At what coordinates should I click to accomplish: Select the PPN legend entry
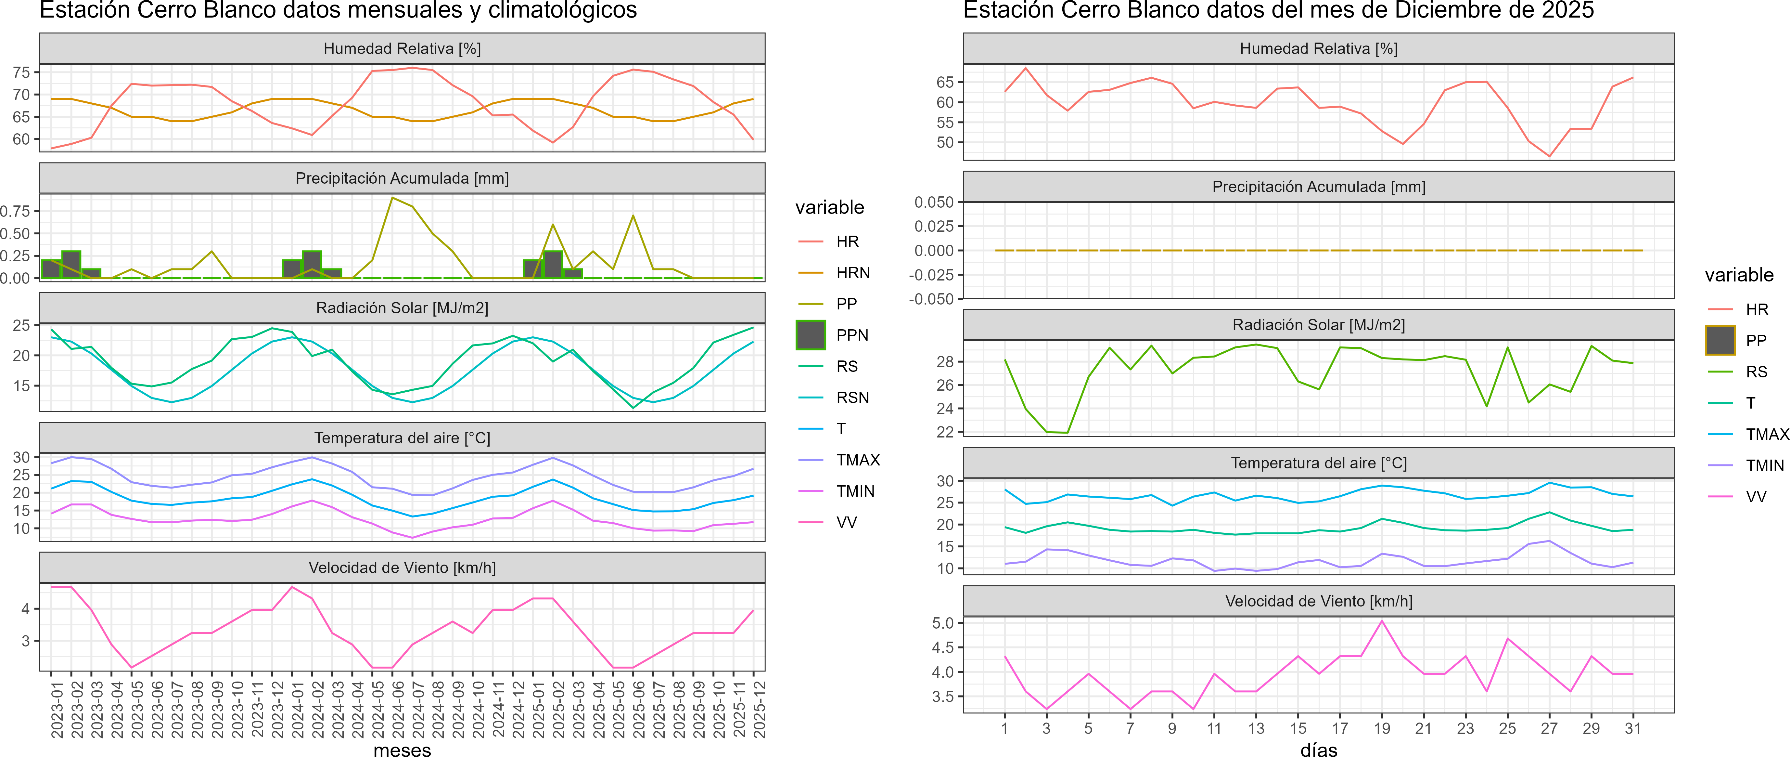[851, 335]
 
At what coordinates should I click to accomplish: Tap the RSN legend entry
[852, 398]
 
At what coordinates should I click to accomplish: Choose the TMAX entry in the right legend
[1766, 435]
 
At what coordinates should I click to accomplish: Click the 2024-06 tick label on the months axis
[397, 709]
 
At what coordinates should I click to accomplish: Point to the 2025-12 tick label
[759, 709]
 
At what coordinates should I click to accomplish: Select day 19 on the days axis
[1381, 728]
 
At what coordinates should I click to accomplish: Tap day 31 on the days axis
[1632, 728]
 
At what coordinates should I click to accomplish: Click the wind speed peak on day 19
[1381, 621]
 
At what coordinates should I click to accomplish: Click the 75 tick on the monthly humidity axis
[21, 72]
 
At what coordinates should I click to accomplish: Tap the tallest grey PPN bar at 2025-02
[552, 264]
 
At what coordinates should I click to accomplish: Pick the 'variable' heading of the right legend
[1739, 275]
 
